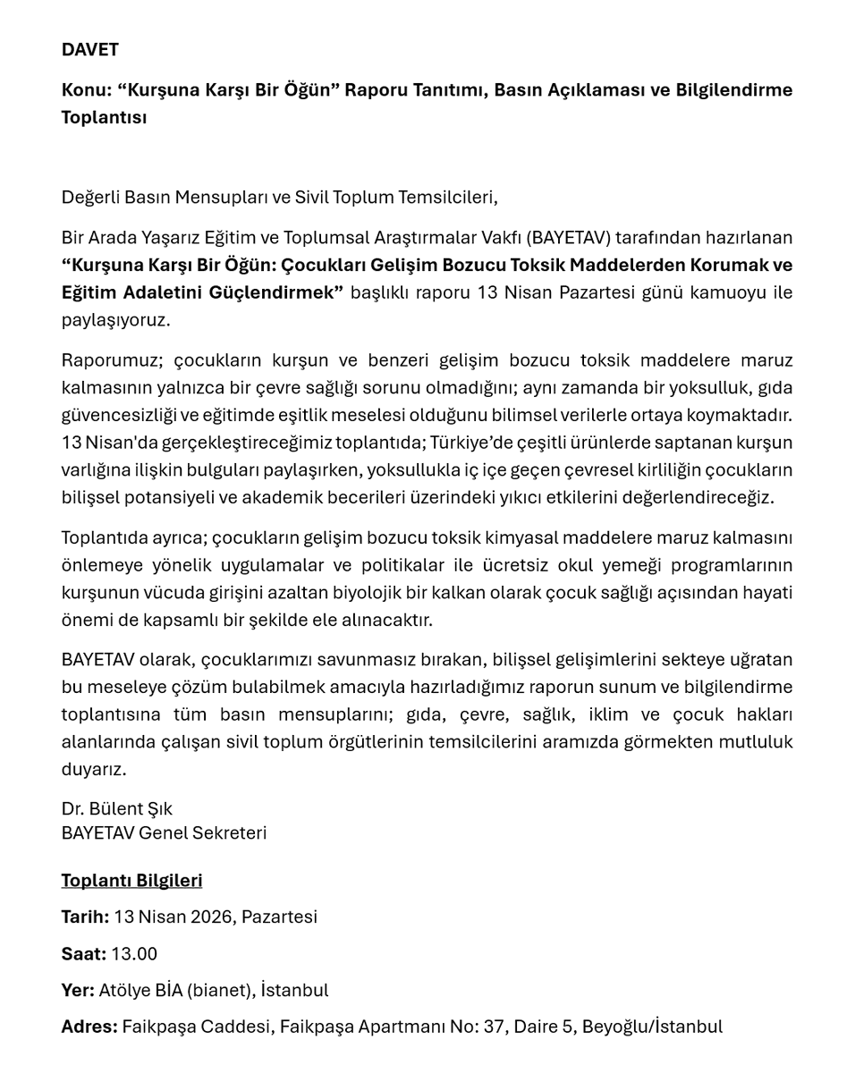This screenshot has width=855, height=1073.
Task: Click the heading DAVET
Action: coord(89,50)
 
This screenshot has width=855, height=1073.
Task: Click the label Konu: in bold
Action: coord(87,90)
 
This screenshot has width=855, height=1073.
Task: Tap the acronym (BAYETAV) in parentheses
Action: coord(569,238)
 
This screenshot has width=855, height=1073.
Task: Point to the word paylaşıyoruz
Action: coord(115,320)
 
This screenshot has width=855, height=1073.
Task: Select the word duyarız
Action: coord(94,769)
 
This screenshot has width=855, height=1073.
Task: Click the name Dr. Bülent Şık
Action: coord(117,809)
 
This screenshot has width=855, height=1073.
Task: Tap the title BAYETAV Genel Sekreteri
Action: coord(164,833)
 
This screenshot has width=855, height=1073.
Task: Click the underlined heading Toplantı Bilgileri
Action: coord(131,881)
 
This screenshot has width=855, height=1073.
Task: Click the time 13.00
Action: coord(134,954)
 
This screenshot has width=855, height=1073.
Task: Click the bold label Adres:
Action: coord(89,1027)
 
